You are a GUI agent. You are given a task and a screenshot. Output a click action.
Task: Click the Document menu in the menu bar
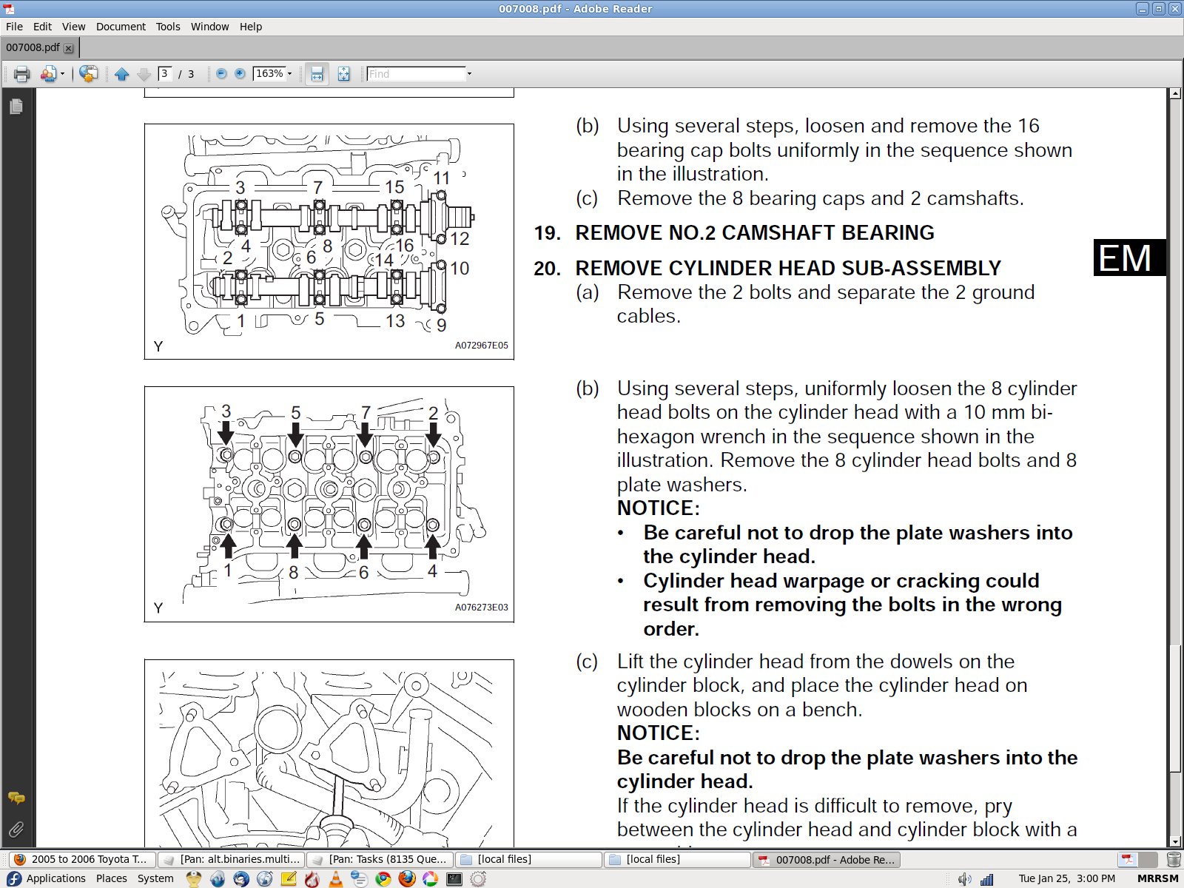click(x=121, y=27)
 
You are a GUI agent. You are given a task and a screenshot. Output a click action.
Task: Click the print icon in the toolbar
click(x=21, y=73)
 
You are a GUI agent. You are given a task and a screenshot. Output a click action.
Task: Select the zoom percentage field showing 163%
click(x=269, y=73)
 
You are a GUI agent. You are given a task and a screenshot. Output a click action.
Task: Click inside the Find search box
click(x=415, y=73)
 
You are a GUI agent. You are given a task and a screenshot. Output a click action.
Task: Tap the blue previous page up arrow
click(x=122, y=74)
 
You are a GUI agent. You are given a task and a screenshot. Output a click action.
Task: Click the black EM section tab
click(x=1129, y=258)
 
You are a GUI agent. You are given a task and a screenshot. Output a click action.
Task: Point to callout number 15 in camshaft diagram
click(x=394, y=186)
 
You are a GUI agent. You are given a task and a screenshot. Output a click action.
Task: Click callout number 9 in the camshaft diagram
click(x=441, y=325)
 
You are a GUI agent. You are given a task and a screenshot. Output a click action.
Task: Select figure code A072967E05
click(x=481, y=345)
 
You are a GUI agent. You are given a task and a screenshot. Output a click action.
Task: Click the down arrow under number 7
click(x=365, y=434)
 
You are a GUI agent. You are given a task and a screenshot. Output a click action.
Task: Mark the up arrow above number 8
click(x=294, y=545)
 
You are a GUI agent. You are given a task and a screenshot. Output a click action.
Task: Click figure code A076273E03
click(x=481, y=607)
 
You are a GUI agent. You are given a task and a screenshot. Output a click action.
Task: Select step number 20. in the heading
click(x=547, y=268)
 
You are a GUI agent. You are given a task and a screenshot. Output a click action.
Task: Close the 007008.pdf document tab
click(x=69, y=48)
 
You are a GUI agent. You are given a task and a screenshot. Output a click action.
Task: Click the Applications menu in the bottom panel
click(x=55, y=878)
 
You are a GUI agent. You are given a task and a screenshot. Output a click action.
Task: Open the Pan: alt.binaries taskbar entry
click(x=233, y=859)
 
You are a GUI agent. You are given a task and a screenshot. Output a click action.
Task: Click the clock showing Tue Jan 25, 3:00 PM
click(x=1066, y=878)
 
